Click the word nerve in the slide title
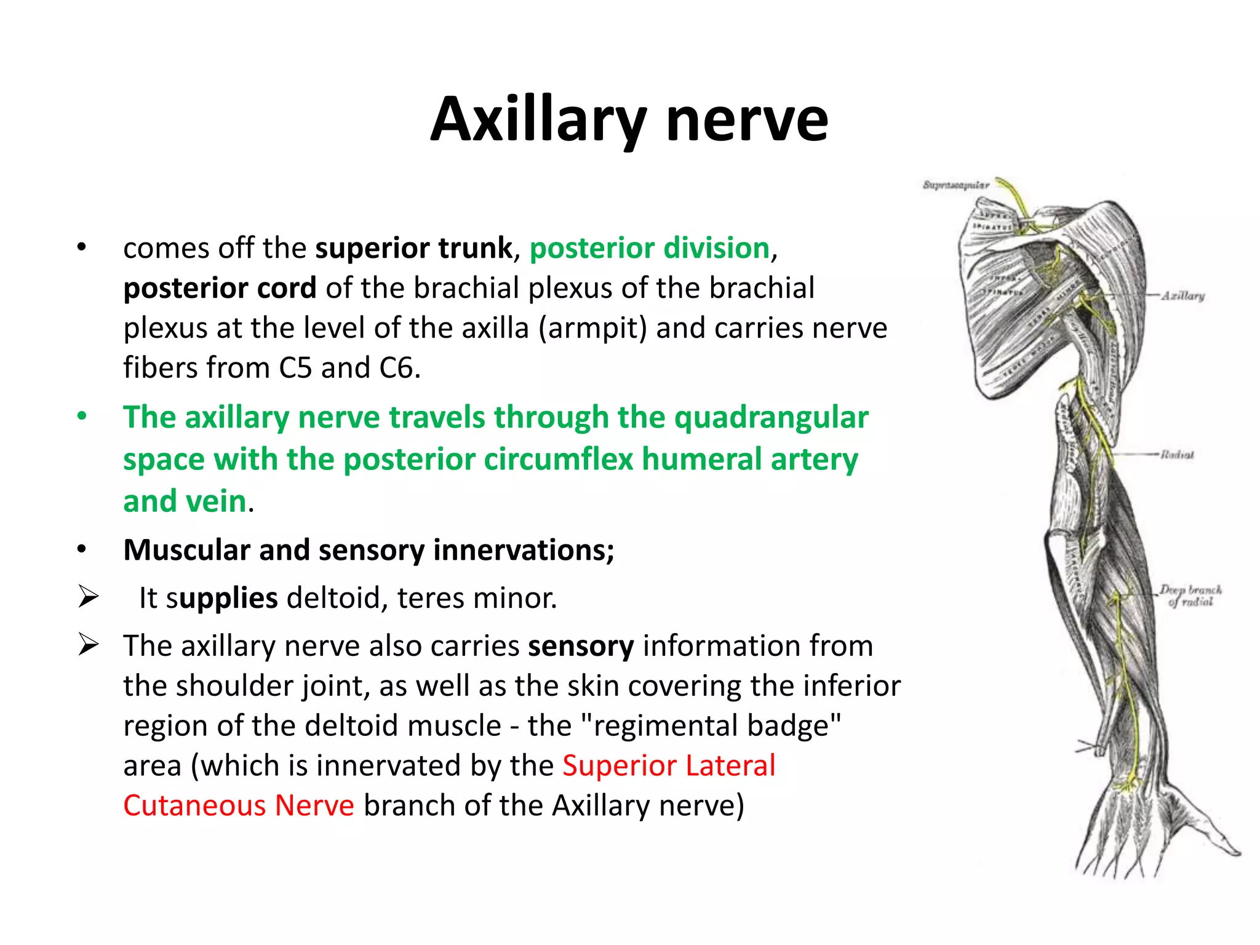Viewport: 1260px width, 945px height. (x=747, y=120)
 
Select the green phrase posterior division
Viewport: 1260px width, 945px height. (x=650, y=248)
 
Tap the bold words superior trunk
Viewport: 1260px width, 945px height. (x=413, y=248)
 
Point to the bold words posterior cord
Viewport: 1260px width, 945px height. (x=220, y=288)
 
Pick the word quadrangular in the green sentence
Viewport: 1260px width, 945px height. (x=772, y=418)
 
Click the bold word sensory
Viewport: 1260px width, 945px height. (x=581, y=646)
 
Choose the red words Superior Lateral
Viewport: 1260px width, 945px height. (x=669, y=766)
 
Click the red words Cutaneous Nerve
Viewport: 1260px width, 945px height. (x=239, y=806)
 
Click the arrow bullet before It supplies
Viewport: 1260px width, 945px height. (x=88, y=597)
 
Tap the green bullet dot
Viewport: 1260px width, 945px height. (x=82, y=417)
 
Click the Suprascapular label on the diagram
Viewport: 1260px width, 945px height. (x=955, y=185)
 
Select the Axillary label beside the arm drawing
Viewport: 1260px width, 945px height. (x=1182, y=296)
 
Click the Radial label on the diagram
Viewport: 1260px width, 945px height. (x=1177, y=455)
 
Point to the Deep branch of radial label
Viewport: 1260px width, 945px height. (x=1190, y=595)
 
